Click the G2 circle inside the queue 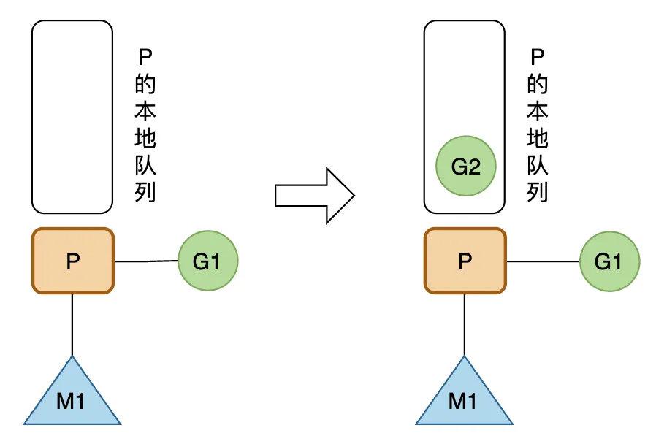(x=465, y=166)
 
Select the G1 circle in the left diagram (x=207, y=261)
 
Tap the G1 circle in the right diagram (x=609, y=261)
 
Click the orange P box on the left (x=72, y=261)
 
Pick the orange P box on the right (x=465, y=261)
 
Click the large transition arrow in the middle (x=314, y=195)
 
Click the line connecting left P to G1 (x=146, y=261)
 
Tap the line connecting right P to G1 (x=543, y=261)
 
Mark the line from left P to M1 (x=72, y=325)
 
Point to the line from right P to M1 (x=465, y=325)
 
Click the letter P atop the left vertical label (x=145, y=58)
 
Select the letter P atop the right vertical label (x=538, y=58)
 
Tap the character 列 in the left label (x=145, y=192)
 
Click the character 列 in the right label (x=538, y=192)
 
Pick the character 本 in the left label (x=145, y=111)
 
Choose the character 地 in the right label (x=538, y=138)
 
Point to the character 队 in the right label (x=538, y=165)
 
